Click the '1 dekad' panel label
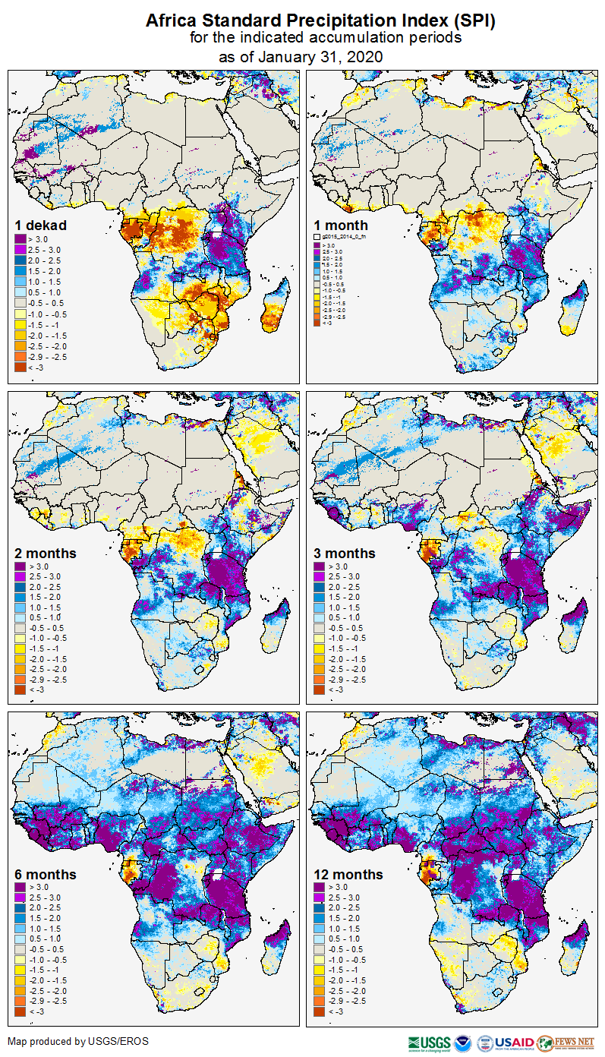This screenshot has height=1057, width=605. coord(41,226)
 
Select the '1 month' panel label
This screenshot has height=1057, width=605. coord(341,226)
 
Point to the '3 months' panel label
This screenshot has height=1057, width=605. coord(345,554)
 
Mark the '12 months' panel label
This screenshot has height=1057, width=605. coord(348,875)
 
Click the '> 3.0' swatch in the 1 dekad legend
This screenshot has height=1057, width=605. coord(20,238)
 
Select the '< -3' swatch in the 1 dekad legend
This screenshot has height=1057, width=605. coord(20,367)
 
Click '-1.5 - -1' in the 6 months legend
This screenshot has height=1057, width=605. coord(43,970)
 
